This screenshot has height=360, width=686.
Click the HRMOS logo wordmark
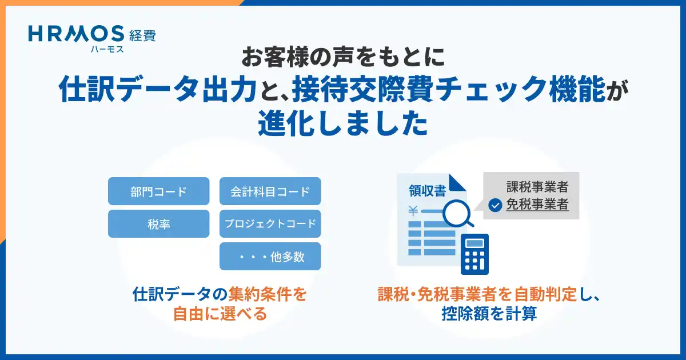tap(76, 34)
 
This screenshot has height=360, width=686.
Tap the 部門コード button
tap(159, 191)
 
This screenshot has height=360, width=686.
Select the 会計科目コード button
tap(270, 191)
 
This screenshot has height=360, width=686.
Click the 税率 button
tap(159, 224)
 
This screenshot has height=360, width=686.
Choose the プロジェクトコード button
tap(270, 224)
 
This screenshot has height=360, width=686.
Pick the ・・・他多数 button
tap(270, 256)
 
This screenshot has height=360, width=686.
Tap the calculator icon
tap(474, 254)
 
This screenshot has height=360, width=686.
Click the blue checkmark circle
tap(495, 205)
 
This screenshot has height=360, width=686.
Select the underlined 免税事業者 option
tap(537, 205)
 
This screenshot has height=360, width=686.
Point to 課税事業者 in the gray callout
tap(537, 187)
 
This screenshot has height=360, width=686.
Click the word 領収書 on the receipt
tap(427, 191)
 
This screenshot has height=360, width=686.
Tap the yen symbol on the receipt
tap(413, 211)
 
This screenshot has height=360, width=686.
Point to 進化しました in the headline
tap(343, 123)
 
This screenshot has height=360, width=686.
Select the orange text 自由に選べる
tap(220, 314)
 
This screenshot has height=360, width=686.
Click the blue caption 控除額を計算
tap(489, 314)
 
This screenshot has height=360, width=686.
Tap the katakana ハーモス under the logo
tap(107, 49)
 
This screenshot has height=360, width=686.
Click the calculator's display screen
tap(474, 243)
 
